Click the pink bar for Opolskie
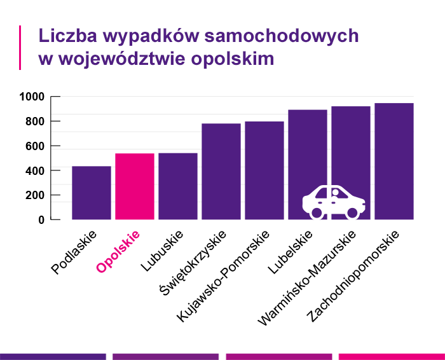click(x=135, y=186)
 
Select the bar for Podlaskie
click(x=92, y=193)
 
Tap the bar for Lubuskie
click(x=178, y=186)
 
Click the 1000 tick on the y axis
click(x=31, y=97)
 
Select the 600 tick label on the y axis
click(x=34, y=146)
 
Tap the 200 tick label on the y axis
click(x=34, y=195)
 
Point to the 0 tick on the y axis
click(x=41, y=219)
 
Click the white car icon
click(x=334, y=202)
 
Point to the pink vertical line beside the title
click(x=21, y=48)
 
